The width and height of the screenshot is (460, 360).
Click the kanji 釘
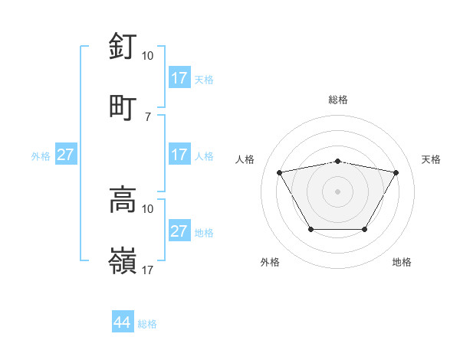123,47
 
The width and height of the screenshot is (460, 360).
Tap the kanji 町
123,106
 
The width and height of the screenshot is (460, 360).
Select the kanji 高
123,200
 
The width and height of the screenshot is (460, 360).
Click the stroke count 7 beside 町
148,116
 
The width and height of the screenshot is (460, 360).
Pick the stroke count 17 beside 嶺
148,270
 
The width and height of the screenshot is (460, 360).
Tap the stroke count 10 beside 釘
148,56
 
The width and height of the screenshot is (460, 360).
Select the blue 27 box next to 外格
66,155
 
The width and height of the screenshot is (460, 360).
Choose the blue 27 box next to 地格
179,231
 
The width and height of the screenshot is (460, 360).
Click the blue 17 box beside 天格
179,78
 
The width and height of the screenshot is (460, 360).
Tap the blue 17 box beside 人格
179,155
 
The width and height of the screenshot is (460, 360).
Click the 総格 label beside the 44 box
147,324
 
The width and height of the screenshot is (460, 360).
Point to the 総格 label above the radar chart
337,100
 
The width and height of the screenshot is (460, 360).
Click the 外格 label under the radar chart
270,262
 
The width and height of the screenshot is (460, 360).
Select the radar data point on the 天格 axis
396,172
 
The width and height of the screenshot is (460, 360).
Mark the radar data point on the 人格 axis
279,172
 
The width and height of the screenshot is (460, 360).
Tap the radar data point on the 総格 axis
337,161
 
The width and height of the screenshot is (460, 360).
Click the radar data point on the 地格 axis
364,229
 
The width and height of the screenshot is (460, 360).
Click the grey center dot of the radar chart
337,191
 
